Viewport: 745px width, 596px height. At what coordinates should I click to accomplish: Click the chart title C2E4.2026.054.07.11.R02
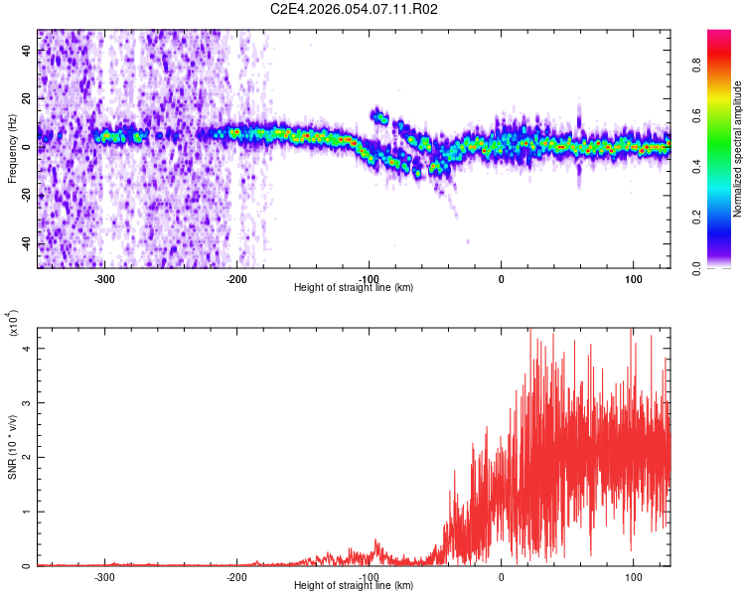click(355, 9)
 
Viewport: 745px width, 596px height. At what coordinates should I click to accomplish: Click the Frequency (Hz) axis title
click(12, 149)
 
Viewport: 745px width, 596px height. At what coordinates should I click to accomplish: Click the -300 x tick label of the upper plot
click(104, 279)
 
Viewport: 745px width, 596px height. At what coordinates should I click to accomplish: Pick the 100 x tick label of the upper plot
click(633, 279)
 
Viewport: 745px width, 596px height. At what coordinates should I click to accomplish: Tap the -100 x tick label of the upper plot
click(369, 279)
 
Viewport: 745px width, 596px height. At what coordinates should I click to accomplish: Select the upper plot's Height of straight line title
click(355, 288)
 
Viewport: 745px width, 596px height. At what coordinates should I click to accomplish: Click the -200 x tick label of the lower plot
click(236, 577)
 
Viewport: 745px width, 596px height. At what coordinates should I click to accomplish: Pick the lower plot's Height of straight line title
click(355, 586)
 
